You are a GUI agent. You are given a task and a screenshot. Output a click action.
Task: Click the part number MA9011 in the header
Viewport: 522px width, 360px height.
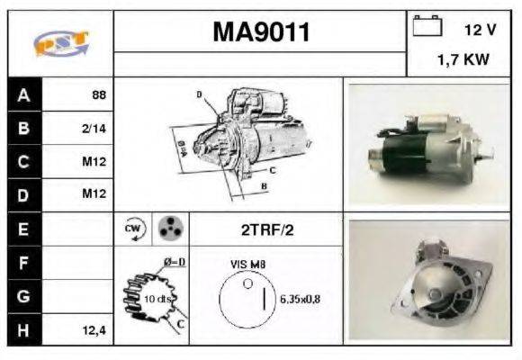[x=260, y=33]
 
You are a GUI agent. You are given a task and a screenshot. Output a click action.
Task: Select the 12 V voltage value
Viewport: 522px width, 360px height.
[x=480, y=30]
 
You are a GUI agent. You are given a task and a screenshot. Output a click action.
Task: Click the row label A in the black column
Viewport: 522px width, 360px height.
[x=23, y=94]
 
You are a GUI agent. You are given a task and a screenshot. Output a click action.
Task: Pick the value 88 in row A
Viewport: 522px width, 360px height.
[x=100, y=94]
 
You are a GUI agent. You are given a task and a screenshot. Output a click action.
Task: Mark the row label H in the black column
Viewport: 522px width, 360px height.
[x=23, y=330]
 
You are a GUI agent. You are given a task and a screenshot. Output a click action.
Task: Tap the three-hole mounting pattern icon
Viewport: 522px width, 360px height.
[x=169, y=229]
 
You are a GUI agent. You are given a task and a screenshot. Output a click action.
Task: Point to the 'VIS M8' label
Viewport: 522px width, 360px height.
[x=247, y=265]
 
